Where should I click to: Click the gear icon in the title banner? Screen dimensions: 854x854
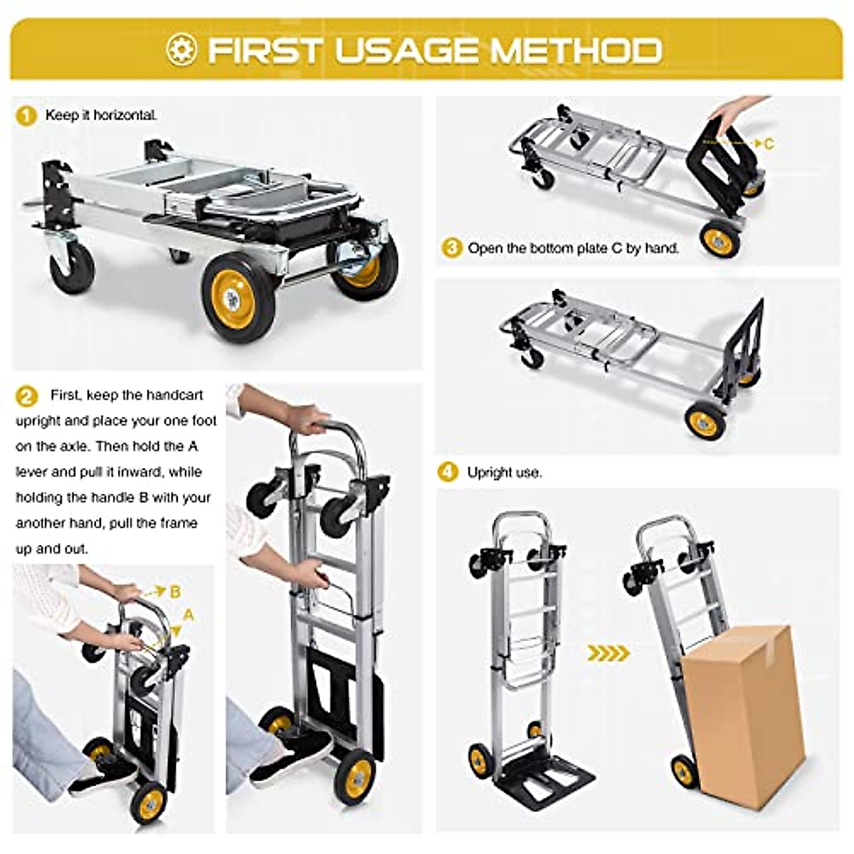pos(181,50)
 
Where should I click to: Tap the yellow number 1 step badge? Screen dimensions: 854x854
pos(26,116)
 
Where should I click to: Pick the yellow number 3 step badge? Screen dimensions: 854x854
pos(451,249)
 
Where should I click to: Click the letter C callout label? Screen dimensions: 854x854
pos(769,144)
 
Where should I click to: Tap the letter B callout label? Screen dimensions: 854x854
pos(175,592)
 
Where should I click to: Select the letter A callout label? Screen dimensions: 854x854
pos(189,614)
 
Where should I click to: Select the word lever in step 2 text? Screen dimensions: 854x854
pos(31,473)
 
